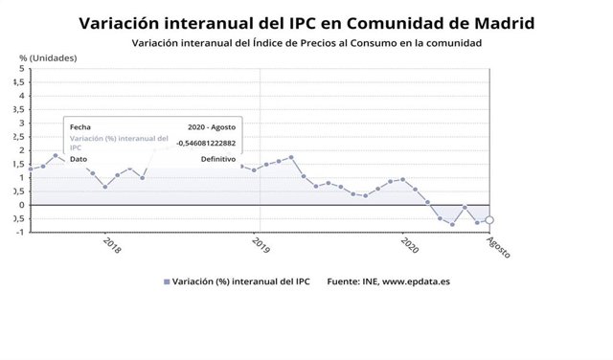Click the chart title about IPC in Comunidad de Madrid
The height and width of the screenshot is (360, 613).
point(306,22)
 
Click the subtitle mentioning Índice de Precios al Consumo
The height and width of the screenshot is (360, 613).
point(306,44)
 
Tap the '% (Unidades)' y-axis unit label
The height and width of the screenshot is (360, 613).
point(49,58)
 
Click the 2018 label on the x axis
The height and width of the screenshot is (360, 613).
point(111,247)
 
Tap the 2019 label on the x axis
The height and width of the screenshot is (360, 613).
point(261,247)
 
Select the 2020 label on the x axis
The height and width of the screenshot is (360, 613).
point(409,247)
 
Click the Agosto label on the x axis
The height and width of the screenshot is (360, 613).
point(499,248)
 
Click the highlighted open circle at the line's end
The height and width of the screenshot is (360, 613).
point(489,220)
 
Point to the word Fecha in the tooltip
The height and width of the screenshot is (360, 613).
point(80,126)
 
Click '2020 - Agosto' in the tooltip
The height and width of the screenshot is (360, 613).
point(212,126)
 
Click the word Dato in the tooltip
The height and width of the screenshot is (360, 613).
point(79,159)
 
